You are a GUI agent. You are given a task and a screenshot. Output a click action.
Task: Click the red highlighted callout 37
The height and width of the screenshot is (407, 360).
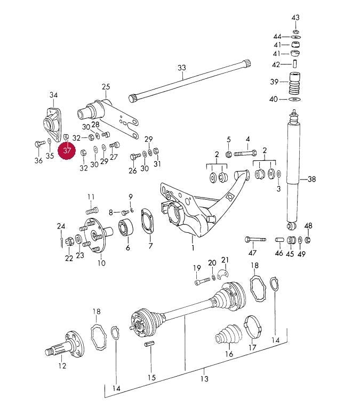(67, 151)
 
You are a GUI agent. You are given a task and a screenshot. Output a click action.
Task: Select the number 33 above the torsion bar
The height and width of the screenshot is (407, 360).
(182, 68)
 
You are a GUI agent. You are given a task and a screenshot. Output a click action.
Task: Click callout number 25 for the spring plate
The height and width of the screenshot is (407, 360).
(106, 86)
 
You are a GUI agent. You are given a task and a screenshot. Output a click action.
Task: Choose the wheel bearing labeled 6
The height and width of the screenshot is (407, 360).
(126, 227)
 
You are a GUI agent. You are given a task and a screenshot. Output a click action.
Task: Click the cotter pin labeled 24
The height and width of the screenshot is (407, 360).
(61, 241)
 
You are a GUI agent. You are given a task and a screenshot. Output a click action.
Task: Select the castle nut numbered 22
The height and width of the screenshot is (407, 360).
(70, 241)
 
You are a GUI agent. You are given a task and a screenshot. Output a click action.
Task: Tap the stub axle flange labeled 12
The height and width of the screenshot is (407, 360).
(65, 343)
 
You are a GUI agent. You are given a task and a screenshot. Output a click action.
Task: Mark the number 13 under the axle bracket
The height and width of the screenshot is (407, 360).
(205, 379)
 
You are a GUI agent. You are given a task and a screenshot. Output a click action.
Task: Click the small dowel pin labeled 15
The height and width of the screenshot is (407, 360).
(150, 344)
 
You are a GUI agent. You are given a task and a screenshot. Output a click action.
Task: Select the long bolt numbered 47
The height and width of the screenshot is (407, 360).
(255, 239)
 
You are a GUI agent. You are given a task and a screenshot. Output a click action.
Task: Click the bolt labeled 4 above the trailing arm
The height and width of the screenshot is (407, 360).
(245, 153)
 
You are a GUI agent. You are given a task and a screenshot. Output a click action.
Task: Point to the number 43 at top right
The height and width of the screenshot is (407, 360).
(295, 18)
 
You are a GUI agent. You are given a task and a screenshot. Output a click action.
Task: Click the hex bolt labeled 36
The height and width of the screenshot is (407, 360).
(39, 143)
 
